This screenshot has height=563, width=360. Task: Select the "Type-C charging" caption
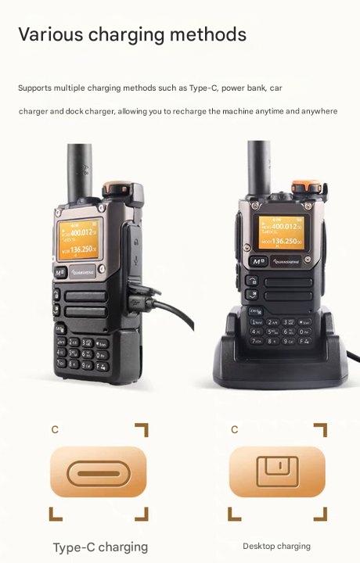coord(100,547)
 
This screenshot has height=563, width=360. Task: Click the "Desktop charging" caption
coord(276,546)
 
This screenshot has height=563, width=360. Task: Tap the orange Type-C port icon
coord(99,472)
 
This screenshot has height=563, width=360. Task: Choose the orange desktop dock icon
coord(277,472)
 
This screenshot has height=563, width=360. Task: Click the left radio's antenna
coord(79,169)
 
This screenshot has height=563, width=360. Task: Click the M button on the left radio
coord(59,271)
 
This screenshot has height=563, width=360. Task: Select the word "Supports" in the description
coord(34,88)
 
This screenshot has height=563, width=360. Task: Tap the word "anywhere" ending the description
coord(319,111)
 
